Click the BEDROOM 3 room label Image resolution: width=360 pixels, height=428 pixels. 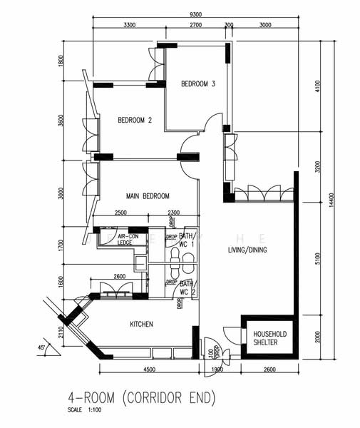tap(197, 83)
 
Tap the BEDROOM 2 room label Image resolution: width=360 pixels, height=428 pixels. tap(135, 120)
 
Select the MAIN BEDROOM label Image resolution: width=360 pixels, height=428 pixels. tap(148, 196)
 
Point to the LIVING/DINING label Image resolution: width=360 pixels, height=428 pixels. tap(247, 250)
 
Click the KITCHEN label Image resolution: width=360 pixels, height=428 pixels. tap(141, 325)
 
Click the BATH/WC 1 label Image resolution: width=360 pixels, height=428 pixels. tap(187, 240)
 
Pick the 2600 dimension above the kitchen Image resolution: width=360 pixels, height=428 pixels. tap(120, 277)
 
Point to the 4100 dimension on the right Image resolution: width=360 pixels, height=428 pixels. tap(317, 87)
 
